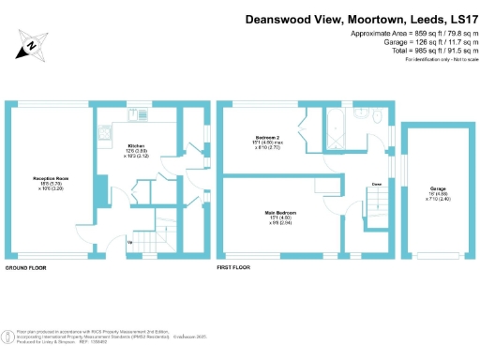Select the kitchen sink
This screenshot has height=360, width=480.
(x=136, y=114)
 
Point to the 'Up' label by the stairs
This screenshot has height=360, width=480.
(x=129, y=243)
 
